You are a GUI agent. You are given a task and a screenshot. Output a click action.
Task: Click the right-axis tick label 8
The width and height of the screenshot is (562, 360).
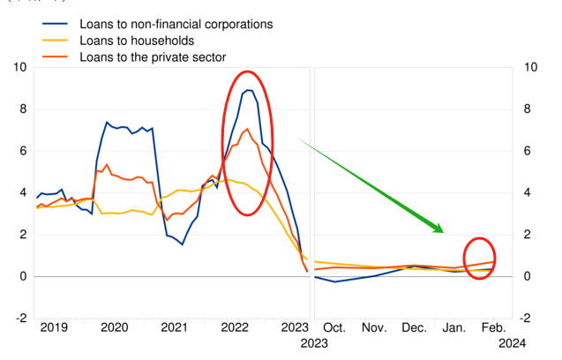click(529, 109)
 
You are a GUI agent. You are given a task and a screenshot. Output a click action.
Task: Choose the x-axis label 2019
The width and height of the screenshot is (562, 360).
click(55, 328)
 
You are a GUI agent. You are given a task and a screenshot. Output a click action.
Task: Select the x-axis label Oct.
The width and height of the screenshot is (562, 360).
click(333, 328)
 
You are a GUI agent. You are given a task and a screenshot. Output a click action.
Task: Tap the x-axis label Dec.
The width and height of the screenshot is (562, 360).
click(414, 328)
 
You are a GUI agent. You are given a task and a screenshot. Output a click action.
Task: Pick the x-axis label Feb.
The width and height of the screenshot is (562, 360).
click(493, 328)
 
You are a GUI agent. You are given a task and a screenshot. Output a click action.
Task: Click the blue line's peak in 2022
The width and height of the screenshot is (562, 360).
click(249, 90)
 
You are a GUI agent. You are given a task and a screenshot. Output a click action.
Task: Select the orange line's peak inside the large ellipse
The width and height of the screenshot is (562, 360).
click(248, 130)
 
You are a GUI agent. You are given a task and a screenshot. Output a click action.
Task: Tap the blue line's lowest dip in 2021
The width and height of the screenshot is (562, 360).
click(182, 244)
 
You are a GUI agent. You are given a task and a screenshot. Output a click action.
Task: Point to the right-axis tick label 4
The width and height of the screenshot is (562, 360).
click(529, 193)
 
